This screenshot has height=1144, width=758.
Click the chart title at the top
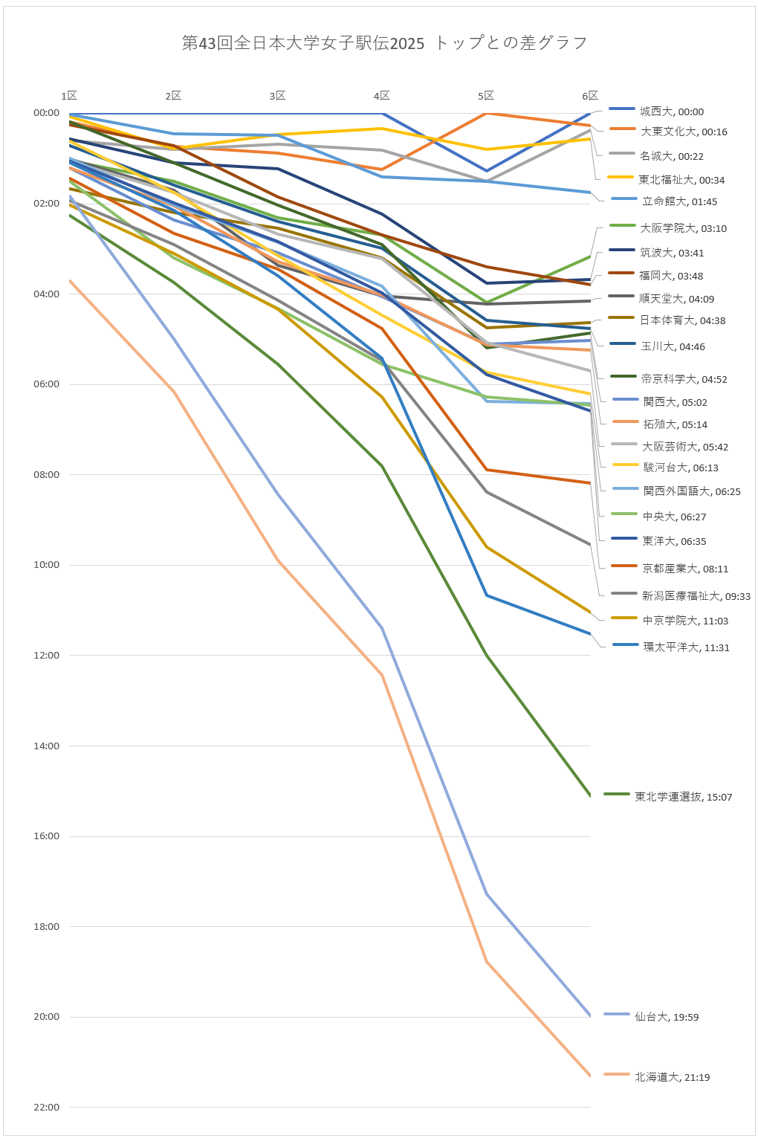tap(384, 43)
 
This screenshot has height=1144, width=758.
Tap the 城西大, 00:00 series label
tap(671, 112)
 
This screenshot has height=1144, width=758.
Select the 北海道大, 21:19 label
tap(672, 1077)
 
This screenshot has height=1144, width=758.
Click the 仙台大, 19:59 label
tap(667, 1017)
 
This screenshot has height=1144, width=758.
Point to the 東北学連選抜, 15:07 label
tap(683, 797)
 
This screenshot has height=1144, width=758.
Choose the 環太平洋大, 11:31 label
tap(686, 647)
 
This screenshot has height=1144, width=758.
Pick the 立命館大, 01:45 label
tap(679, 201)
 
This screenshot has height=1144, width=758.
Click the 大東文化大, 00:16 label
tap(684, 132)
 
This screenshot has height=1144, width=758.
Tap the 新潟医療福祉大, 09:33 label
tap(696, 596)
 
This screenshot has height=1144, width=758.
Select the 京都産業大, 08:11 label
tap(685, 569)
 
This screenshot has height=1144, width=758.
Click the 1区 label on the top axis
tap(69, 96)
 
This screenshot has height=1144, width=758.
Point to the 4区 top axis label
tap(381, 96)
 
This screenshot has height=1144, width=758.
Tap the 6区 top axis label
tap(590, 96)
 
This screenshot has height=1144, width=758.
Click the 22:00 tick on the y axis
tap(46, 1108)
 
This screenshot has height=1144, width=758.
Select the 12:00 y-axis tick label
tap(46, 656)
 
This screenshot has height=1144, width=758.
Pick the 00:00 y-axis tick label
tap(46, 113)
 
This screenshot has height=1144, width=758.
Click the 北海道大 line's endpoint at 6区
tap(590, 1076)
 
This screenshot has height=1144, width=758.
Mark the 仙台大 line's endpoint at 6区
tap(590, 1015)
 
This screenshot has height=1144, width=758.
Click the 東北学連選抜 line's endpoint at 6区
tap(590, 795)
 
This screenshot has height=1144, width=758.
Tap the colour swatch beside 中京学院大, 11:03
tap(624, 618)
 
